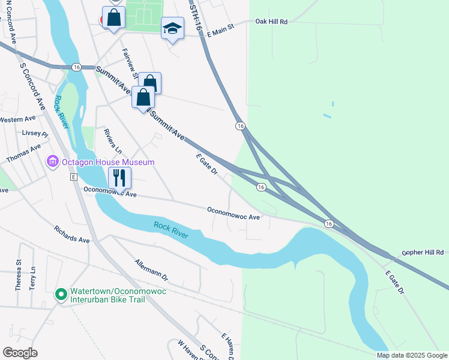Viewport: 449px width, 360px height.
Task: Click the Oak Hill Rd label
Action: point(271,22)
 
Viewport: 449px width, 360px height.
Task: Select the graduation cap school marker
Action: point(172,29)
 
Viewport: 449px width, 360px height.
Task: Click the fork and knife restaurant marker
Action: point(119,178)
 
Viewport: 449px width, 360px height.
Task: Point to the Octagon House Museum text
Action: point(107,162)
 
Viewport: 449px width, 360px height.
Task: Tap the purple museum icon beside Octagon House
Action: point(52,162)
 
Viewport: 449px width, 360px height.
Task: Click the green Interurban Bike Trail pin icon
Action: point(61,295)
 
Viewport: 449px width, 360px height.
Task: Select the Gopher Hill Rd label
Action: point(423,253)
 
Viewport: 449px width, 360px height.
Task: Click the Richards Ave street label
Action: point(71,235)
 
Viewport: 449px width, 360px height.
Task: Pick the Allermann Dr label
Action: point(151,271)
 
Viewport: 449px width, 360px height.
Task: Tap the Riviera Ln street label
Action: point(112,142)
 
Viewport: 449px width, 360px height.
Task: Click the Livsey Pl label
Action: point(34,133)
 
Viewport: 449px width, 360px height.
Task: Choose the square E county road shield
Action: point(73,178)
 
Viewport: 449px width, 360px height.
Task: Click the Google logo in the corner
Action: point(20,352)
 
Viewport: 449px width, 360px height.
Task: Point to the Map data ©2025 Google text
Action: point(412,355)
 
